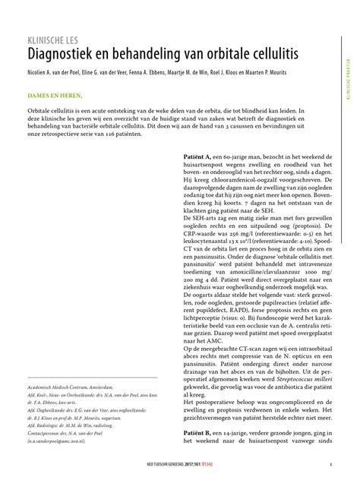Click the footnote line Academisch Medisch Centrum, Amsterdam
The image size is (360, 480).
pos(74,387)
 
